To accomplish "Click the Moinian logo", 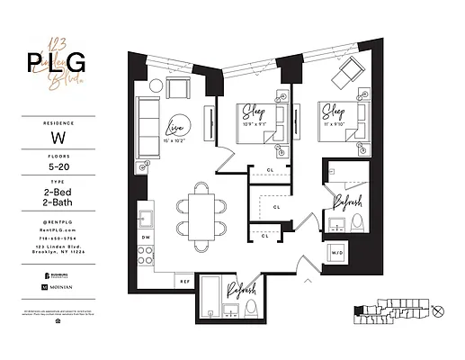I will tap(57, 285).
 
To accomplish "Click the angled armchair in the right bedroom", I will tap(348, 72).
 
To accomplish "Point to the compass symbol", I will tap(438, 311).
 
